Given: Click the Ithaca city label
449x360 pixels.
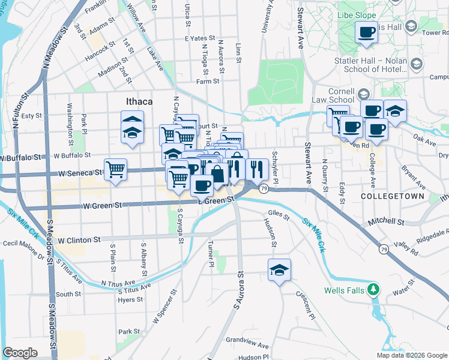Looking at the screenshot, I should [139, 101].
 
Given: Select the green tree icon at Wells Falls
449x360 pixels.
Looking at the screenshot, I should [374, 291].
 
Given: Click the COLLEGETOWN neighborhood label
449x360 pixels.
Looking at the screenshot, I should [393, 196].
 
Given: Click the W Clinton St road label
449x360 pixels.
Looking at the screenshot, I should [79, 240].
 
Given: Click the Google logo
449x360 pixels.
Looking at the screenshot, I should [20, 353].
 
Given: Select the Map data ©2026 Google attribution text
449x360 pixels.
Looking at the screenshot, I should [412, 355].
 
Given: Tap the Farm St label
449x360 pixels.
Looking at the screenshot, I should [208, 81].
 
